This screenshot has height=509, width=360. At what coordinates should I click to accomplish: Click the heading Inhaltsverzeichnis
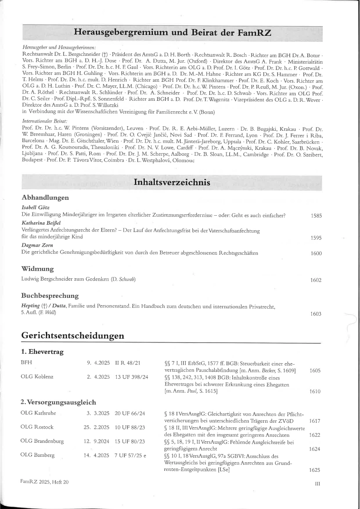coord(172,183)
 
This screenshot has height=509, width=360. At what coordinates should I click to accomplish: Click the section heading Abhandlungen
coord(45,198)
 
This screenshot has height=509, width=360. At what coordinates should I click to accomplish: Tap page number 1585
coord(316,216)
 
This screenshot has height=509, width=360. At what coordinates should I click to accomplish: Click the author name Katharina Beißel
coord(41,223)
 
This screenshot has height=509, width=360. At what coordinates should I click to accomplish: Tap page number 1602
coord(316,280)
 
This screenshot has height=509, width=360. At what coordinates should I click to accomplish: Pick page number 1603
coord(316,314)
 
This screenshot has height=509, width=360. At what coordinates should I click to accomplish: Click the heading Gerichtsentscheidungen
coord(73,336)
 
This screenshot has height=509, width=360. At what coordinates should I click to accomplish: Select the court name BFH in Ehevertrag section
coord(27,363)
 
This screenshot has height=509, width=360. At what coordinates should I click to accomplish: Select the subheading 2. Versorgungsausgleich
coord(58,401)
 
